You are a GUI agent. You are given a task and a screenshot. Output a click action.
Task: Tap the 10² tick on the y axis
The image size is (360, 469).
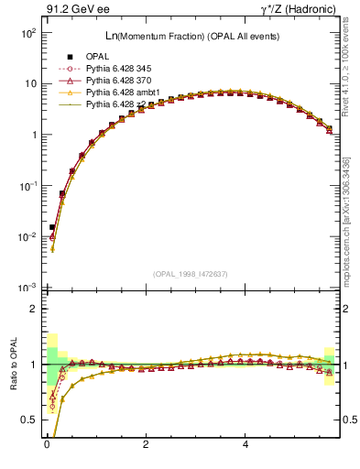click(x=27, y=32)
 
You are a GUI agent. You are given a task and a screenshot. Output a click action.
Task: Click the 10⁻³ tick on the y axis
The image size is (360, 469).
click(x=27, y=288)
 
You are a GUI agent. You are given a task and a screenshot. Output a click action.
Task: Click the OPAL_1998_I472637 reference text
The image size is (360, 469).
click(x=190, y=274)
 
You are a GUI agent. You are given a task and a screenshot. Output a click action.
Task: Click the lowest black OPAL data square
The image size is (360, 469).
click(x=52, y=226)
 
